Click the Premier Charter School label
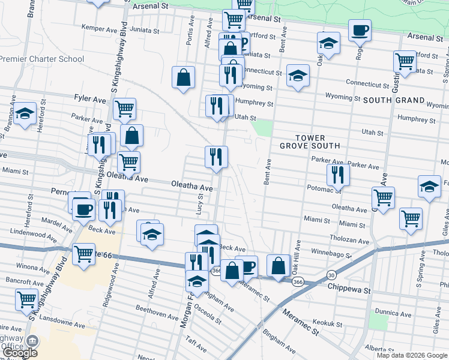tap(41, 59)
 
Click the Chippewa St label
tap(349, 289)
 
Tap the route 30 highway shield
tap(331, 275)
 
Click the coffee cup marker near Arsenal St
tap(360, 30)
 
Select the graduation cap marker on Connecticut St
tap(298, 76)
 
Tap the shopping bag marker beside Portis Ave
tap(184, 77)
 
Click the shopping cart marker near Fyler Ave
tap(124, 109)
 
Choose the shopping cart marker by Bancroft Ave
tap(27, 300)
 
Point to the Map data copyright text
tap(412, 355)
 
